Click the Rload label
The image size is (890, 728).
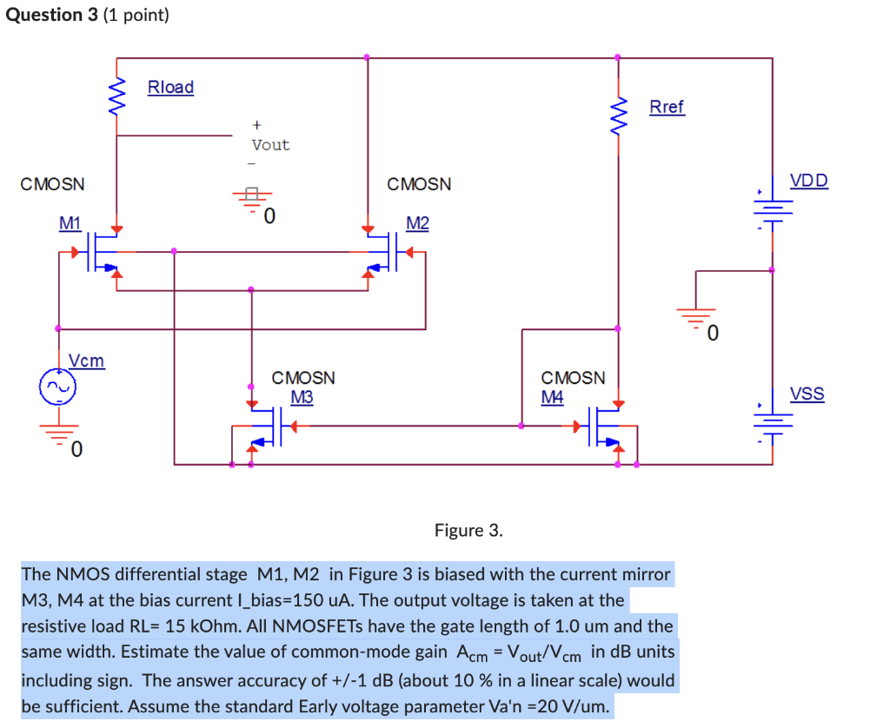(170, 87)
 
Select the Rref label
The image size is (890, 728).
(667, 107)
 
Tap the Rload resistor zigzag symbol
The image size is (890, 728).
(116, 98)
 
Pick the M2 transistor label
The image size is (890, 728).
(417, 223)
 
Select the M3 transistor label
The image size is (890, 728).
(302, 397)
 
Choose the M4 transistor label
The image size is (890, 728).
(552, 397)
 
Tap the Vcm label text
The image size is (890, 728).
(86, 361)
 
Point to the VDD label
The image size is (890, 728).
(808, 182)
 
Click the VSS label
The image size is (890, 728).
(807, 394)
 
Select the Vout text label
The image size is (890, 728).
(270, 145)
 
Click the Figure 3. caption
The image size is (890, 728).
(468, 531)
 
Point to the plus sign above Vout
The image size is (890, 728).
(256, 126)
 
